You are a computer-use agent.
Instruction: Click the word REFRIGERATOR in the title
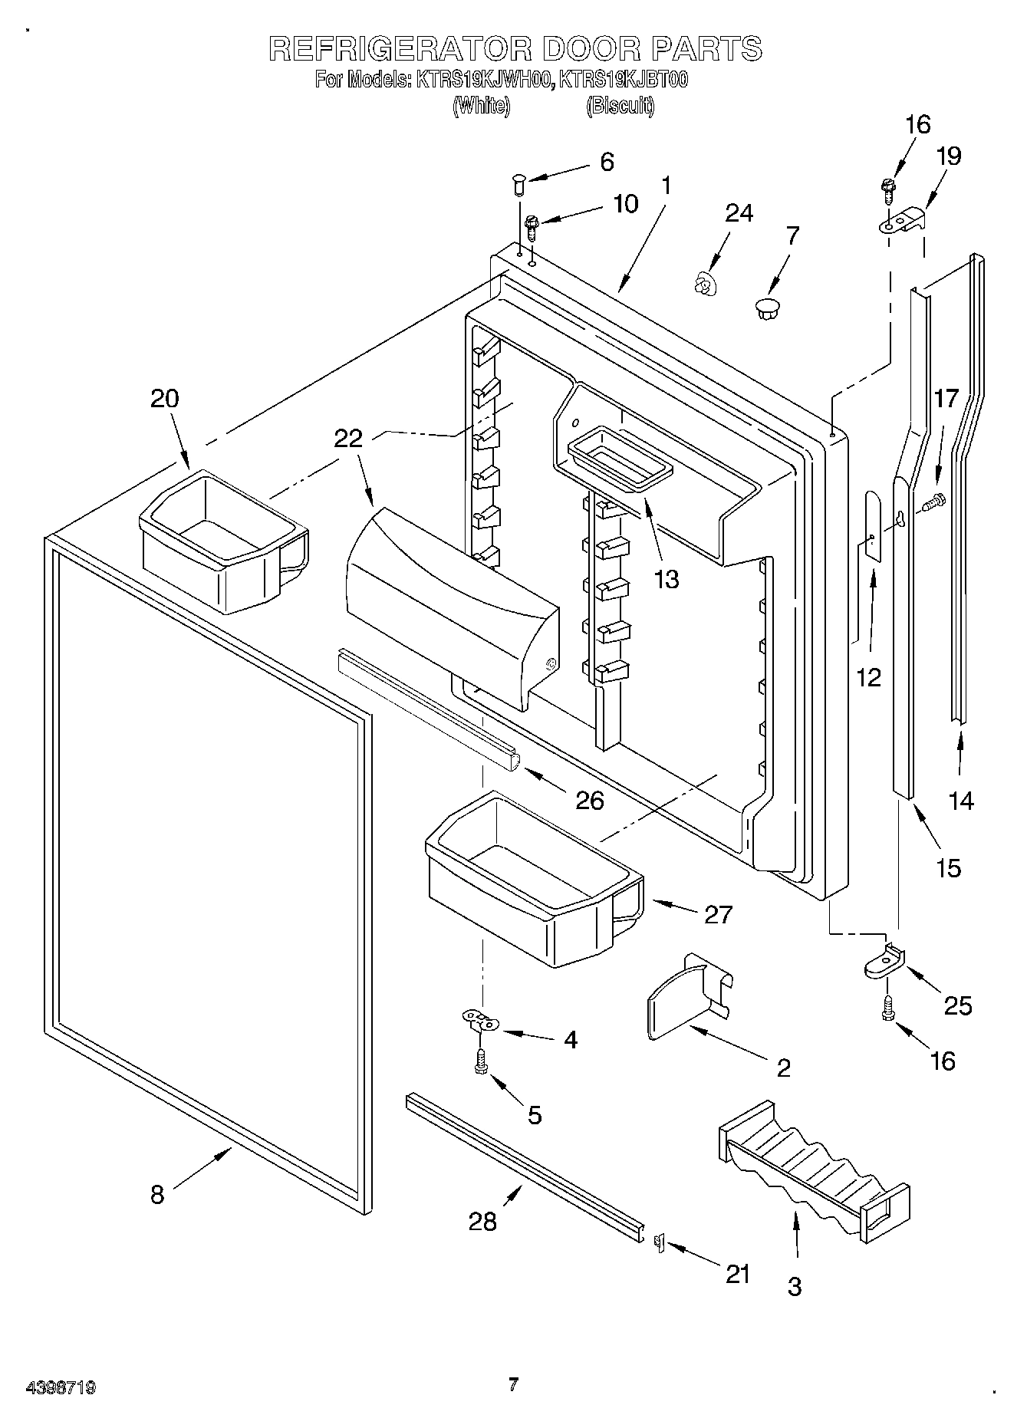click(x=400, y=48)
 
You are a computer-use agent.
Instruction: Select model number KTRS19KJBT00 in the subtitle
click(x=623, y=80)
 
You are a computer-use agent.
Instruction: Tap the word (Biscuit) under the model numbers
click(x=620, y=106)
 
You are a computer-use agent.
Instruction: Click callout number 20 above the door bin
click(x=164, y=399)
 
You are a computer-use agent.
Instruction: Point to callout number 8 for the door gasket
click(x=157, y=1194)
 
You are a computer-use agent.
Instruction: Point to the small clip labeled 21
click(x=658, y=1242)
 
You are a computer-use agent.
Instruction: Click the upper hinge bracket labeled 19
click(x=903, y=219)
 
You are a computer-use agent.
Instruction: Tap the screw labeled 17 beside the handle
click(x=934, y=503)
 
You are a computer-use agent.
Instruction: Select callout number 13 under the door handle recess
click(x=667, y=579)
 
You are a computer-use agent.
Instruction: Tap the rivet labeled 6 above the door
click(x=518, y=185)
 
